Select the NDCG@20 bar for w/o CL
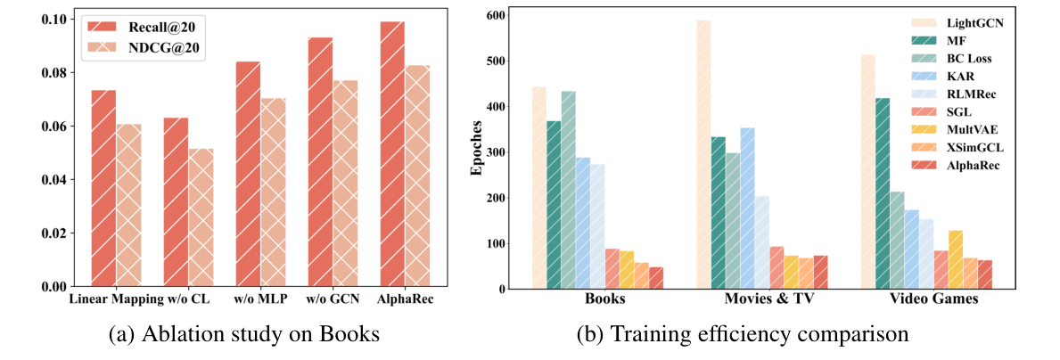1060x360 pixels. click(201, 217)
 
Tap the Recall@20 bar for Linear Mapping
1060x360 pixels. click(103, 188)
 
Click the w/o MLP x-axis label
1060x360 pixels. click(259, 298)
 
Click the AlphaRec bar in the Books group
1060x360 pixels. click(656, 278)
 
